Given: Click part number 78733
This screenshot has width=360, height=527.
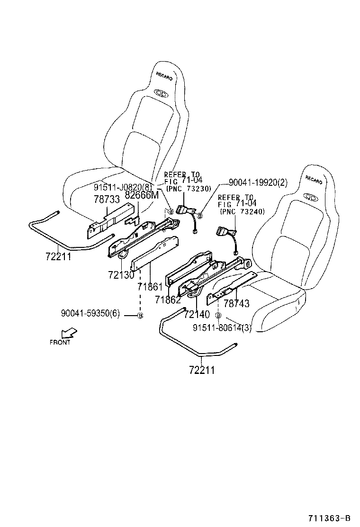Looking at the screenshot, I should point(107,200).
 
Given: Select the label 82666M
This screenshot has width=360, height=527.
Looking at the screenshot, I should point(142,195).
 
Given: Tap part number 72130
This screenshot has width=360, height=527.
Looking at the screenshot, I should point(121,275).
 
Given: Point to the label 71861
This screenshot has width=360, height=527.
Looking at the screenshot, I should point(150,287).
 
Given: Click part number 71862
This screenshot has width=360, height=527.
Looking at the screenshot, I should point(167,300).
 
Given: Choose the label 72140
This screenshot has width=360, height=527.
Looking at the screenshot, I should point(197,314).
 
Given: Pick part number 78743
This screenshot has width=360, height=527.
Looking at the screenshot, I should point(236,304).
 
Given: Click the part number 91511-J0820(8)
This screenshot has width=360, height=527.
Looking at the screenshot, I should point(123,187).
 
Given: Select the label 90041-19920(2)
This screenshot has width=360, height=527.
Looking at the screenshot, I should point(258,182).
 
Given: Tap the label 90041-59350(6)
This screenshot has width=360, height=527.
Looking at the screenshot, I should point(90,314).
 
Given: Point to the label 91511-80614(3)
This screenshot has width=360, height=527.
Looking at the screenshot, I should point(222,328).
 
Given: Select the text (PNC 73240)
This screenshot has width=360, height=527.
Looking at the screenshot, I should point(242,212).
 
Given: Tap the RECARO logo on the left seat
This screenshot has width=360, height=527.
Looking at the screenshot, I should point(164,76).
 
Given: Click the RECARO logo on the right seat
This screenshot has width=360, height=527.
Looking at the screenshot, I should point(314,180).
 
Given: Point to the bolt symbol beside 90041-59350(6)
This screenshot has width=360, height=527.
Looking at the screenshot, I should point(140,315).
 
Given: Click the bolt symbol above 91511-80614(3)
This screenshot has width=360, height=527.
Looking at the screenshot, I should point(218,315).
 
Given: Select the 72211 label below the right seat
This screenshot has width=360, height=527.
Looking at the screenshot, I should point(201,370).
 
